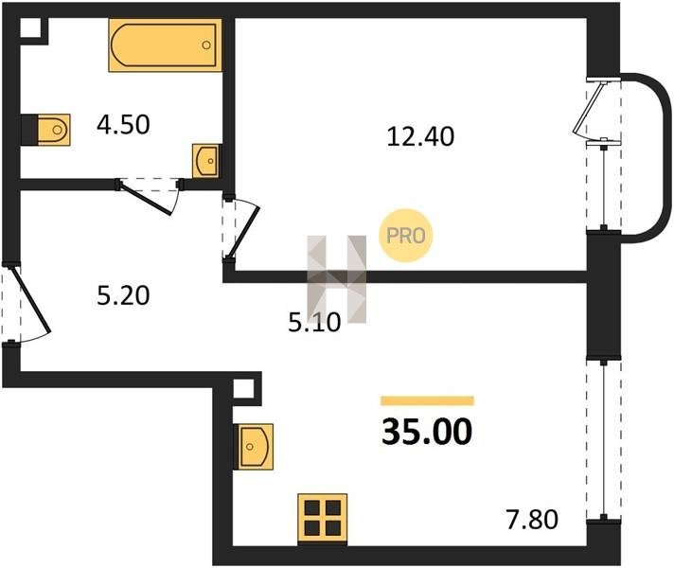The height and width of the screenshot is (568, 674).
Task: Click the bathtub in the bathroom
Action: [x=166, y=44]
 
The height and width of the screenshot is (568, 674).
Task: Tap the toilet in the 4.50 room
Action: [x=46, y=130]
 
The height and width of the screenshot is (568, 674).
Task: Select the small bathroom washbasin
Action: [x=206, y=161]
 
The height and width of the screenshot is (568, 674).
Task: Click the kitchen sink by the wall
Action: [x=254, y=447]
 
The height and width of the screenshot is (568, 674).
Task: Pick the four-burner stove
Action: [x=323, y=519]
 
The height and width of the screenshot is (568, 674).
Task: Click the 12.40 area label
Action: [x=420, y=136]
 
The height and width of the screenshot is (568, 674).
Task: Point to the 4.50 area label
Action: [x=123, y=125]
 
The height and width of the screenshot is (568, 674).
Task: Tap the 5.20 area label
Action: [x=123, y=295]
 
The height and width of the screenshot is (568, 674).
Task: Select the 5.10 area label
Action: [x=314, y=323]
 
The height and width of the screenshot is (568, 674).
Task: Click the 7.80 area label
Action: [x=532, y=520]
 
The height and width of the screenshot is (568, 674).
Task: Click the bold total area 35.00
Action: [x=427, y=432]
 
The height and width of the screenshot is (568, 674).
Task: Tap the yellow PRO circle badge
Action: [x=405, y=235]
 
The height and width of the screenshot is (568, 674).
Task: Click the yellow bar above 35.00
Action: [x=427, y=400]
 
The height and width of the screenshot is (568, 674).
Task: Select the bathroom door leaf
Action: [x=145, y=198]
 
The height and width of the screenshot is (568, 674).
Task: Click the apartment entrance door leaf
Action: [x=31, y=299]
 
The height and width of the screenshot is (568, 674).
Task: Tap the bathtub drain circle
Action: [x=206, y=44]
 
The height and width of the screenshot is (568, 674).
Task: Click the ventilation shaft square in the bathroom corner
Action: [x=30, y=28]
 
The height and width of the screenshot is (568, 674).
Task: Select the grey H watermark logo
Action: [x=337, y=279]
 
